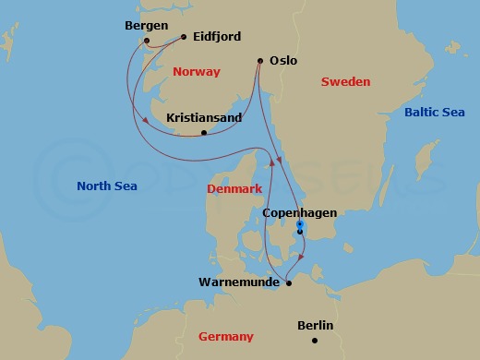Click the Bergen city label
tap(144, 25)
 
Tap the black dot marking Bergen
tap(147, 41)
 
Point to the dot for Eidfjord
tap(185, 38)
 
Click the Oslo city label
tap(283, 61)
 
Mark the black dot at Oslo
tap(258, 62)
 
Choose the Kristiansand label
tap(203, 119)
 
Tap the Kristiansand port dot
tap(204, 134)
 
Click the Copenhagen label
tap(300, 213)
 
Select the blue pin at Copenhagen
tap(300, 224)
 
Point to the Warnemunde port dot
tap(289, 283)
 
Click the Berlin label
tap(316, 326)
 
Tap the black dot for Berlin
tap(315, 341)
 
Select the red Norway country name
tap(197, 71)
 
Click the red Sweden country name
tap(345, 82)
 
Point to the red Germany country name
tap(226, 337)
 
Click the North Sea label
tap(107, 186)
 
